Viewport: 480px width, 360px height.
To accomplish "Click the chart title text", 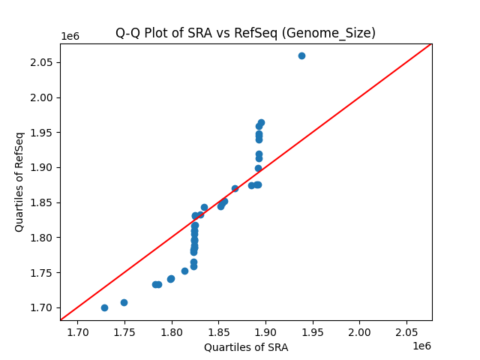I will click(x=245, y=33).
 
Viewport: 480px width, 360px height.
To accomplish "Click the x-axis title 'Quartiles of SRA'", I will click(x=245, y=347).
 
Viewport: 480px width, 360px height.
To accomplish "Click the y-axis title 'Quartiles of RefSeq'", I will click(x=19, y=181).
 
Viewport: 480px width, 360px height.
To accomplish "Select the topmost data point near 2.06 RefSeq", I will click(x=301, y=55).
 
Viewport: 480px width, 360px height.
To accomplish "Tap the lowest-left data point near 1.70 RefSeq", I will click(x=104, y=307).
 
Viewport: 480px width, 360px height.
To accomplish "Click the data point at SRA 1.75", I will click(x=124, y=302).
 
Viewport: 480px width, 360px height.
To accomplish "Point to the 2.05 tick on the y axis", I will click(x=60, y=62).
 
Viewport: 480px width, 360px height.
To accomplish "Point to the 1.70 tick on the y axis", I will click(x=60, y=307).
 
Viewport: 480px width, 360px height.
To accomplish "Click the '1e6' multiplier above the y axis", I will click(x=70, y=37).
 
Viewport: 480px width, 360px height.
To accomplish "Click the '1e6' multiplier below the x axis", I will click(x=421, y=346).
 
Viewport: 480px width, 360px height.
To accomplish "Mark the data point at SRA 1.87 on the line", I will click(x=235, y=188).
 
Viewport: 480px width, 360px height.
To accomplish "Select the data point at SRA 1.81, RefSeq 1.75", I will click(x=184, y=271).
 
